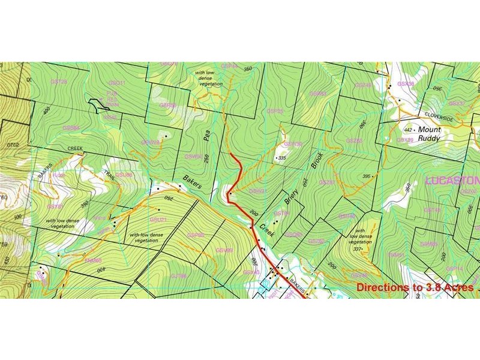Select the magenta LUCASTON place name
pos(453,180)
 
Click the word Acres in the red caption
pos(458,287)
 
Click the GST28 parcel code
pos(59,81)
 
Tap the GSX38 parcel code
pos(406,83)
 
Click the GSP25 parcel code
pos(275,110)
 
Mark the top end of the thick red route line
pos(231,154)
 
